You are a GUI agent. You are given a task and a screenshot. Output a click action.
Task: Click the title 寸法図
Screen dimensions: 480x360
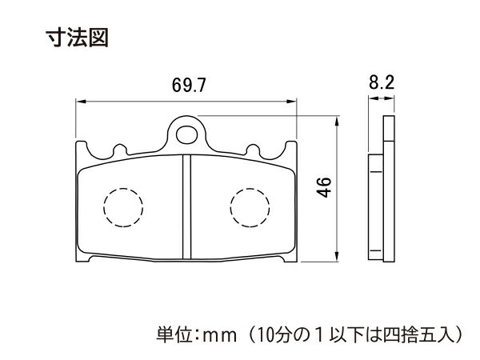(x=77, y=38)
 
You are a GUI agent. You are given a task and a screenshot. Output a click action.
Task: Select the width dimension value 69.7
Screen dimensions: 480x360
(x=189, y=85)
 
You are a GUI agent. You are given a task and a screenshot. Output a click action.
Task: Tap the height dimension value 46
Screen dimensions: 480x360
(x=324, y=187)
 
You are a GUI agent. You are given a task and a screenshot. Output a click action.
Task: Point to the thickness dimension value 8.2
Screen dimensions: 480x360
(x=382, y=82)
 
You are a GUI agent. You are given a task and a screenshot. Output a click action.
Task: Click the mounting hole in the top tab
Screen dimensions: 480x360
(x=187, y=134)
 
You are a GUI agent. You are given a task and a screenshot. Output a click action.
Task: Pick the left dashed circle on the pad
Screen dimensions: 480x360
(x=123, y=207)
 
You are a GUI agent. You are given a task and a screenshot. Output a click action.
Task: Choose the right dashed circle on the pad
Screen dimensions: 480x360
(x=250, y=207)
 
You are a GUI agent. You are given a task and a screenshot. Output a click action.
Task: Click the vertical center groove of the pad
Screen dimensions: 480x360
(x=186, y=207)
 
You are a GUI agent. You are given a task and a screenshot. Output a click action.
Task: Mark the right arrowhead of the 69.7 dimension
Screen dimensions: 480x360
(x=291, y=102)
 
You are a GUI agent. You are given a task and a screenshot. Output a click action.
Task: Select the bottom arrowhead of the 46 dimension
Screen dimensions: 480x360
(x=337, y=256)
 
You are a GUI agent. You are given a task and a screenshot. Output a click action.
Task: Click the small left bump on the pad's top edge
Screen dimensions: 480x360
(x=120, y=150)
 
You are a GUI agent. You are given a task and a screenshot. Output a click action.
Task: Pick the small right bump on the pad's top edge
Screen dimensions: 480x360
(x=253, y=150)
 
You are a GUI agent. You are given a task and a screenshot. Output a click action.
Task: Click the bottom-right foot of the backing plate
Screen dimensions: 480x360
(x=290, y=258)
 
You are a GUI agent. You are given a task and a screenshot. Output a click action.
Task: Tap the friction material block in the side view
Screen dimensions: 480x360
(x=376, y=207)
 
